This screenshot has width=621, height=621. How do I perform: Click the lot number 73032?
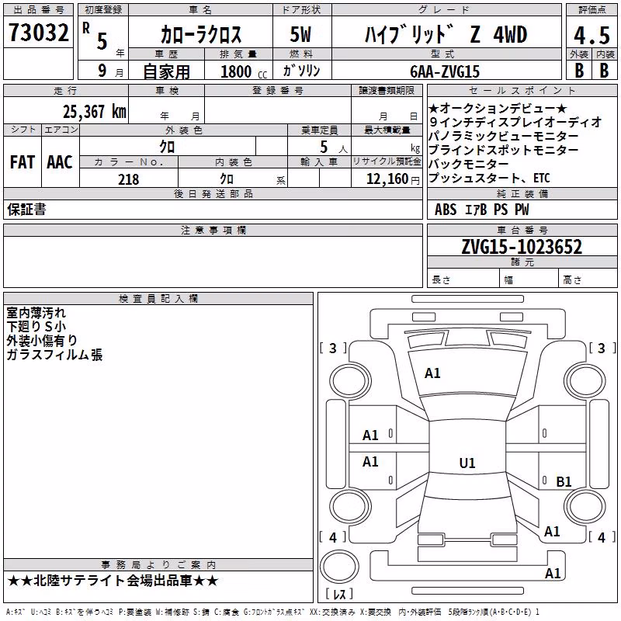pos(39,33)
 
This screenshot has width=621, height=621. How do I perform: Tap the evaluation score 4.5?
pos(592,35)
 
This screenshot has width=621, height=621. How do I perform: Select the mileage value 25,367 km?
pos(95,112)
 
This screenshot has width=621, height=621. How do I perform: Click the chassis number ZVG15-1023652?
pos(522,247)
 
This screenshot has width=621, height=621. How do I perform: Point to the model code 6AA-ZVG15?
pos(445,71)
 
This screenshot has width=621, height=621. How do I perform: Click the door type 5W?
pos(300,34)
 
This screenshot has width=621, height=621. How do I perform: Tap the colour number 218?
pos(129,179)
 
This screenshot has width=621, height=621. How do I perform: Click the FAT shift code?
pos(23,162)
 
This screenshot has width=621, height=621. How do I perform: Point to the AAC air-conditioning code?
pos(60,162)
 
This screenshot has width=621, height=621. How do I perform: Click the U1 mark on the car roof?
pos(467,463)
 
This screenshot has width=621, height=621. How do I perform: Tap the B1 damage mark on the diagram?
pos(564,481)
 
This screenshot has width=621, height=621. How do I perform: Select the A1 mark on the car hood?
pos(432,373)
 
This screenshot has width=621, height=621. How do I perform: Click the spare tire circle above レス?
pos(339,567)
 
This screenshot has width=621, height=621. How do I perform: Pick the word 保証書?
pos(26,209)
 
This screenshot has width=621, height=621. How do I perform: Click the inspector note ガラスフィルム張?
pos(54,355)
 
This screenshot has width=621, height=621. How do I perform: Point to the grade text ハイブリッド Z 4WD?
pos(446,34)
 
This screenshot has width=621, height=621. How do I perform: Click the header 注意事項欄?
pos(213,230)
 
